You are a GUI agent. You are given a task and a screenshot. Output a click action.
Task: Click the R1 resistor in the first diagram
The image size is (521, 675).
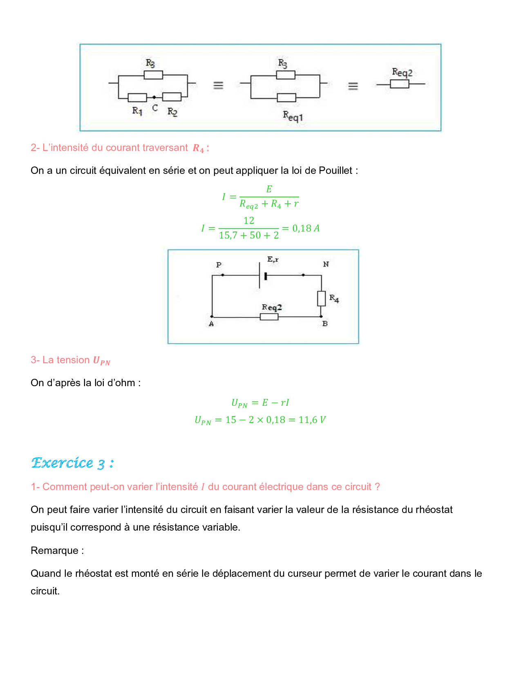(x=137, y=97)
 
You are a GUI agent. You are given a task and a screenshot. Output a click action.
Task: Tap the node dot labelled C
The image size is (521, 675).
(x=154, y=97)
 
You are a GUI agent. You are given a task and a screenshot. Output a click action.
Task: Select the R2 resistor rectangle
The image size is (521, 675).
(x=172, y=97)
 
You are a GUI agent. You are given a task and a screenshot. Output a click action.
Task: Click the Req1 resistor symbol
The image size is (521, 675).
(x=286, y=97)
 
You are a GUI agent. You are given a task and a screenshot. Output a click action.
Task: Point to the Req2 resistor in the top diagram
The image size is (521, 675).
(x=399, y=84)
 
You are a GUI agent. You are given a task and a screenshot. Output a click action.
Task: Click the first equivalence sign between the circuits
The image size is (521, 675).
(x=218, y=85)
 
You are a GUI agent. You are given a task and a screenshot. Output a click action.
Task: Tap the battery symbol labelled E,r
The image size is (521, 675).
(x=262, y=276)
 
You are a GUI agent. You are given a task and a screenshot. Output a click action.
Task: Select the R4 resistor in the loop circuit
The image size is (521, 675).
(x=322, y=298)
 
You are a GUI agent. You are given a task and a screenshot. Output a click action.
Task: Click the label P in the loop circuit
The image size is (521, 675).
(x=219, y=265)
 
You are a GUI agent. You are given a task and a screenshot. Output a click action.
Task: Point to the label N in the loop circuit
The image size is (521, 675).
(x=326, y=264)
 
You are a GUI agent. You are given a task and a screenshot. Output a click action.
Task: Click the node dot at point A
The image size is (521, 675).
(x=212, y=316)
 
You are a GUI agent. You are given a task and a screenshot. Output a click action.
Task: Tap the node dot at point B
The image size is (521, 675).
(x=321, y=316)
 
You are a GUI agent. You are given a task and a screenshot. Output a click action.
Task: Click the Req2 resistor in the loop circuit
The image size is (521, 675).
(x=269, y=317)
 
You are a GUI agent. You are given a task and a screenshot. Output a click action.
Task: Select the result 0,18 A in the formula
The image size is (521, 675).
(x=306, y=228)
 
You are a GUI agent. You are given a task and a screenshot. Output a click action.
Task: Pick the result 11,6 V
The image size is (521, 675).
(x=312, y=420)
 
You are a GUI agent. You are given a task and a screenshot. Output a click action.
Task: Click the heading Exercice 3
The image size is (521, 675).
(x=72, y=463)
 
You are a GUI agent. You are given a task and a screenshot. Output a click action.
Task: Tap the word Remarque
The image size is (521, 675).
(x=55, y=551)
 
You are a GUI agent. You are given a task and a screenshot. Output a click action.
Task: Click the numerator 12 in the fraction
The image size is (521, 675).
(x=249, y=220)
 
